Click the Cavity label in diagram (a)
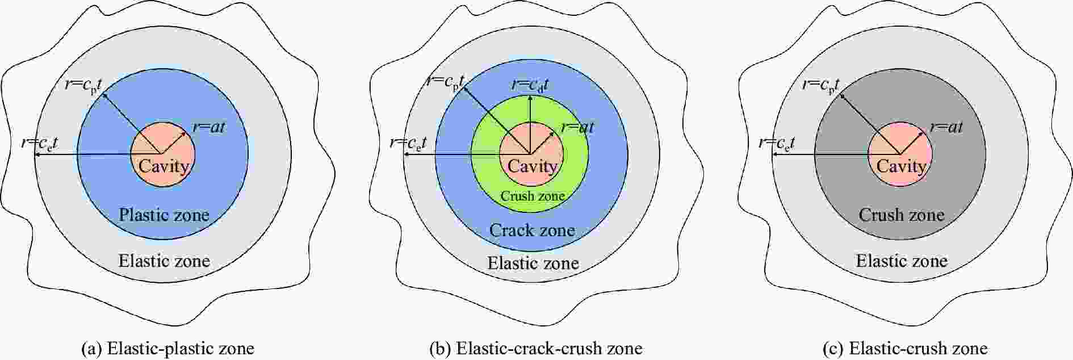164,166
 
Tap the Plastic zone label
164,215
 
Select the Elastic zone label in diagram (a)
164,261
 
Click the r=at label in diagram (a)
209,127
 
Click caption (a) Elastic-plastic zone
168,348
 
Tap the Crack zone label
532,230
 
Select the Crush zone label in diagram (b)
533,196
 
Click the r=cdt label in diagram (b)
530,85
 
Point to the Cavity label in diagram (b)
533,166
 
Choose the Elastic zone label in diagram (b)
533,263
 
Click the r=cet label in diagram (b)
408,143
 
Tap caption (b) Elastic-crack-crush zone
536,348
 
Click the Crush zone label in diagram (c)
902,215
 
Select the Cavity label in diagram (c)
902,166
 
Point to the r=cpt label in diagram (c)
821,86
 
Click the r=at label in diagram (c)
946,127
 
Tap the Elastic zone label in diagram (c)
902,261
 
